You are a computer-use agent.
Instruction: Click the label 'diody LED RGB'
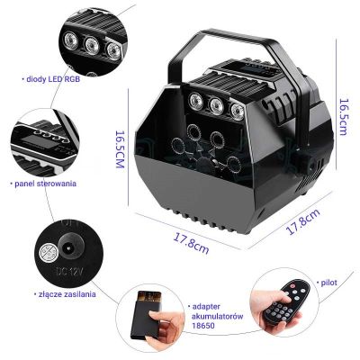(x=53, y=79)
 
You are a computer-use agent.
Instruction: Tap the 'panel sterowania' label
(x=45, y=184)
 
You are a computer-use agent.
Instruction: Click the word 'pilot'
(x=328, y=283)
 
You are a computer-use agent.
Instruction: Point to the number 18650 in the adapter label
(x=203, y=325)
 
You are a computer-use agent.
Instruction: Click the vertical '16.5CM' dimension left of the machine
(x=120, y=149)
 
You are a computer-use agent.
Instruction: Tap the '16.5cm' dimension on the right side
(x=344, y=117)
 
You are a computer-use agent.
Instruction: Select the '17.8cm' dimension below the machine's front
(x=191, y=243)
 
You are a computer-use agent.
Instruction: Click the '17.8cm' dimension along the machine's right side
(x=303, y=221)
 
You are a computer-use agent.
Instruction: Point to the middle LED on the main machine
(x=217, y=105)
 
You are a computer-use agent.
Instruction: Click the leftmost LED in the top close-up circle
(x=71, y=39)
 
